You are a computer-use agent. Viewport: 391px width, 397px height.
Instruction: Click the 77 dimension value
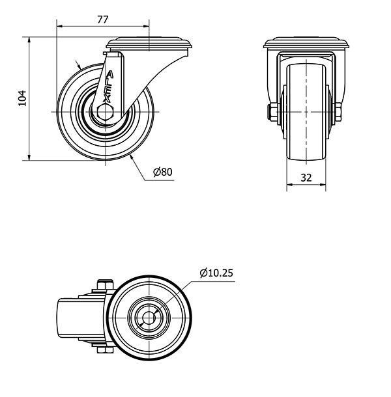click(x=103, y=20)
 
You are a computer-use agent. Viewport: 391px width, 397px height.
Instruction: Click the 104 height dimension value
click(x=22, y=98)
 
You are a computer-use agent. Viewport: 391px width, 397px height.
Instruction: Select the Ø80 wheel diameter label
click(x=163, y=172)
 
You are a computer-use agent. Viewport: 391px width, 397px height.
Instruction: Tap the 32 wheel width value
click(x=306, y=178)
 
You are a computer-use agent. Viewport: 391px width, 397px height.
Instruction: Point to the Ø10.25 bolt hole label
click(x=216, y=273)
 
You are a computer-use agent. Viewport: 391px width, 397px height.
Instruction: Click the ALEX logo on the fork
click(x=108, y=87)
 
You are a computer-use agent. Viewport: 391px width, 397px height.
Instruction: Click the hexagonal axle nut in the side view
click(x=105, y=112)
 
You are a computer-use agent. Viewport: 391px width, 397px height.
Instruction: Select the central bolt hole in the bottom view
click(x=149, y=318)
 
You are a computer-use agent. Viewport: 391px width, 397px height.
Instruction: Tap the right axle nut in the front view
click(x=338, y=112)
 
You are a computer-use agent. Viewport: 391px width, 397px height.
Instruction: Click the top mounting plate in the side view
click(x=149, y=43)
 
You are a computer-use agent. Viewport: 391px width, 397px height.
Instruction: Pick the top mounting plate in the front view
click(x=306, y=43)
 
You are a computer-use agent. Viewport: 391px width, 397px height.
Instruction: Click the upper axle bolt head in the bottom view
click(x=105, y=284)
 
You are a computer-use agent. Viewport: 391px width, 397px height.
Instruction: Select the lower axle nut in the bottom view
click(x=105, y=350)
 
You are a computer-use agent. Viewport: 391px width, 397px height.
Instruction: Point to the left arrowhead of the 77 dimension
click(x=59, y=26)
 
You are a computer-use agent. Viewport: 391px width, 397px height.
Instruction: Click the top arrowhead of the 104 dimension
click(x=29, y=40)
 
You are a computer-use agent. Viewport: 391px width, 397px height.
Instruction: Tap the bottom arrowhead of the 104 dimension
click(x=29, y=157)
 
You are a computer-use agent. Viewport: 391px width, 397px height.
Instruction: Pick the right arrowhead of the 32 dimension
click(x=323, y=185)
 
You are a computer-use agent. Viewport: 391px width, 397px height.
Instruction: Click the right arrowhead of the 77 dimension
click(x=147, y=26)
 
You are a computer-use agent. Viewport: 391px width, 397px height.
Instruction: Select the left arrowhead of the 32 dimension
click(x=290, y=185)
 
